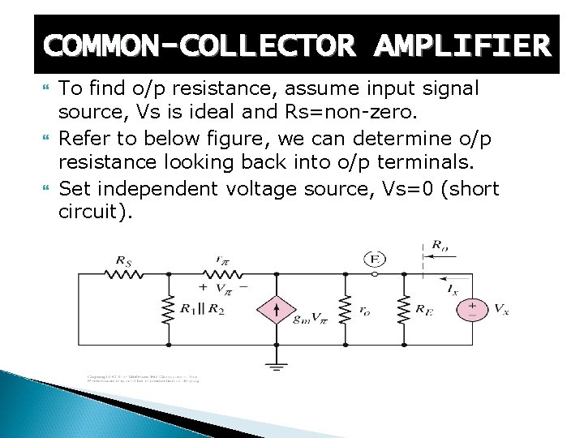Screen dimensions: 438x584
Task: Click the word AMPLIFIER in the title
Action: point(462,45)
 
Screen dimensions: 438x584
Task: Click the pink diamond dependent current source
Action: point(276,309)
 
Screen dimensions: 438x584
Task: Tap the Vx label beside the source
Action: point(501,309)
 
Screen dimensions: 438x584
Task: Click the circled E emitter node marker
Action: point(375,259)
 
